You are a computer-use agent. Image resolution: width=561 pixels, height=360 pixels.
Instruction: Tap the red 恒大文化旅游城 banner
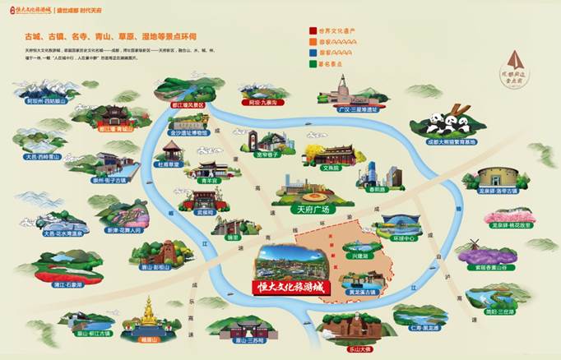click(x=286, y=287)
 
